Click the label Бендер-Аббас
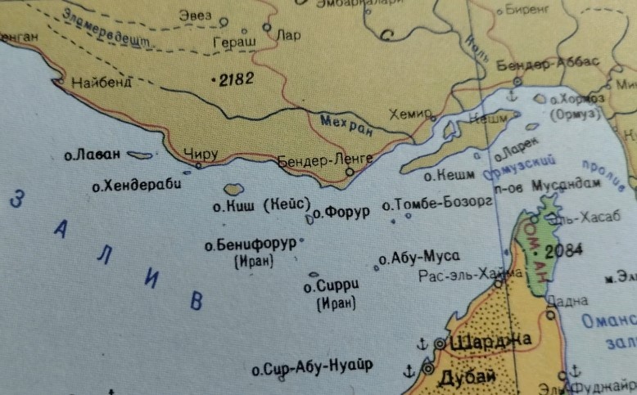549,64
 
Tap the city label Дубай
468,377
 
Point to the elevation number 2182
235,79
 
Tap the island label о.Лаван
93,154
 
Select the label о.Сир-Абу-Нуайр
312,368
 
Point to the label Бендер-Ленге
325,158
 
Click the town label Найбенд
102,82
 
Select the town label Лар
289,35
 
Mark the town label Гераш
234,41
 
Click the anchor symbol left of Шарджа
422,342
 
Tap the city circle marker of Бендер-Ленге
350,173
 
